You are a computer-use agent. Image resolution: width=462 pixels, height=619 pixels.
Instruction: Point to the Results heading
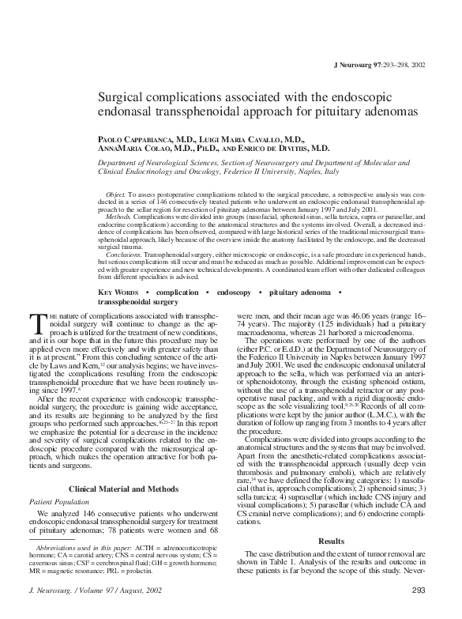[331, 540]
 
